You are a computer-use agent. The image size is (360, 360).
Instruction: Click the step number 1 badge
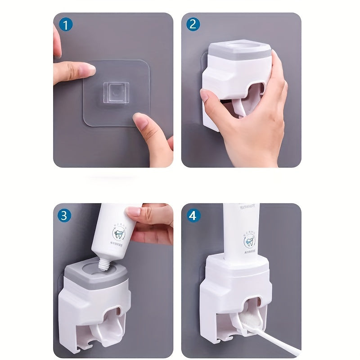(x=66, y=24)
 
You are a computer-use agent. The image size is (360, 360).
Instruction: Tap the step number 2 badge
(x=193, y=24)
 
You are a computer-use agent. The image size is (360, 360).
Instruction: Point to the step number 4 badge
(x=193, y=215)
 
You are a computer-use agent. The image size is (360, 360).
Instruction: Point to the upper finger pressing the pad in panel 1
(x=74, y=72)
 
